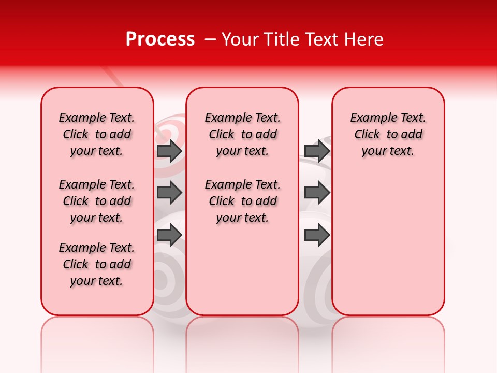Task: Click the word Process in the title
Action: tap(160, 39)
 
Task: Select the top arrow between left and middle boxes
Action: tap(169, 151)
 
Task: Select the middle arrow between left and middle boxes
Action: tap(169, 193)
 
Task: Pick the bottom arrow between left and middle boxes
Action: tap(169, 235)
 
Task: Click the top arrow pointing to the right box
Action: tap(317, 151)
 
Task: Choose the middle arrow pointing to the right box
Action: tap(317, 193)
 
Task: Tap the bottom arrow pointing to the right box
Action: tap(317, 235)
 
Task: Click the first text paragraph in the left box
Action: tap(97, 134)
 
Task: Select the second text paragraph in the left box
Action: tap(97, 201)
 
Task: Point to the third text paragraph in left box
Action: tap(97, 264)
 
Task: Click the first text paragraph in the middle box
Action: tap(242, 134)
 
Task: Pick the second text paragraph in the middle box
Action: tap(242, 201)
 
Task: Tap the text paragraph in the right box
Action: tap(388, 134)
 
